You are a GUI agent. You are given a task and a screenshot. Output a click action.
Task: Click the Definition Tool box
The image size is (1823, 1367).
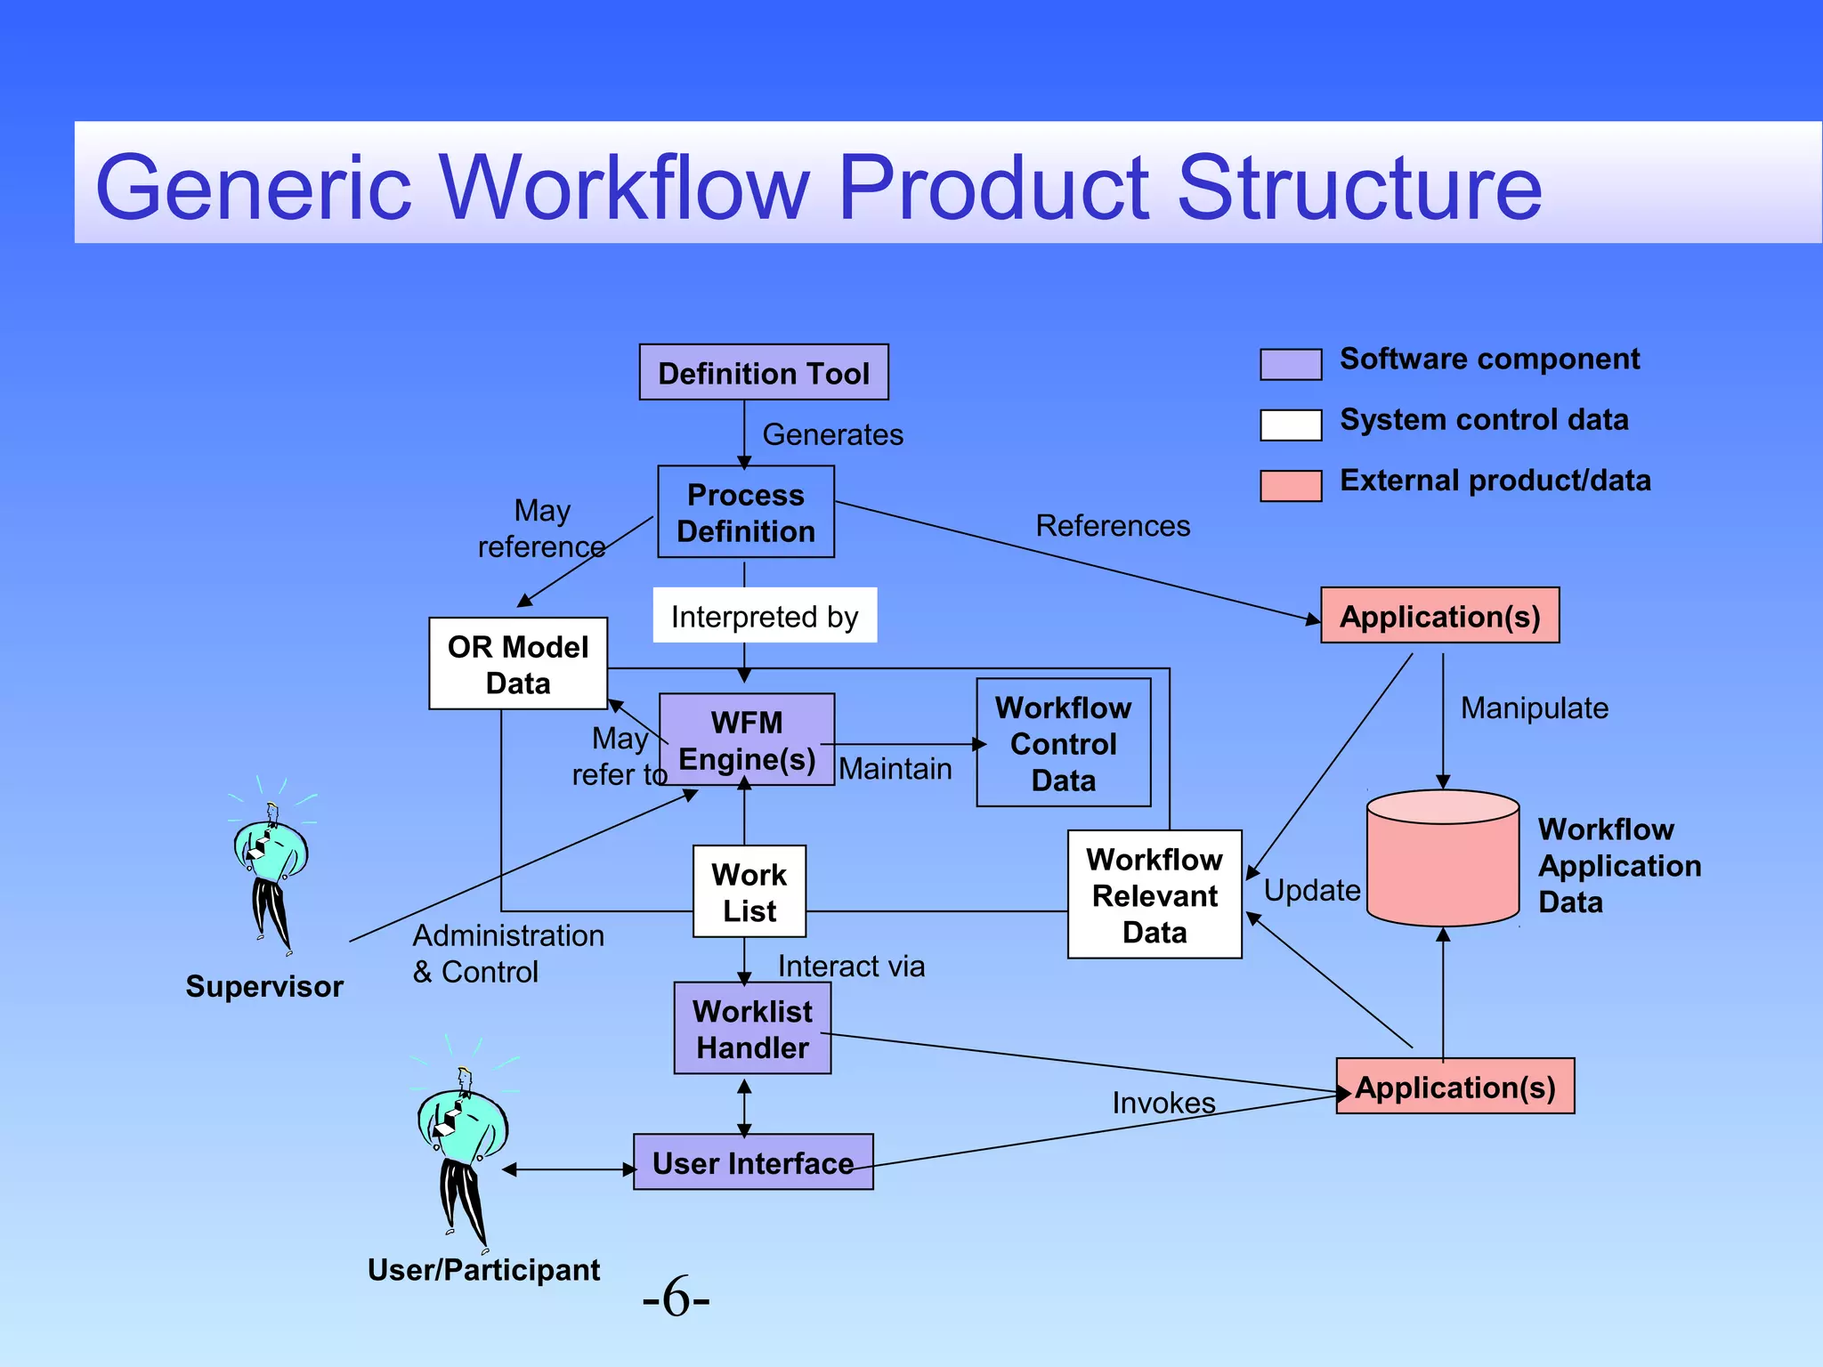(x=764, y=372)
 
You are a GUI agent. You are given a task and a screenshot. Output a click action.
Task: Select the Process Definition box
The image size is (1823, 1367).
(x=746, y=512)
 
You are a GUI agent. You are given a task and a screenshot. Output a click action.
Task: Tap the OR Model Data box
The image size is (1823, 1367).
(x=518, y=664)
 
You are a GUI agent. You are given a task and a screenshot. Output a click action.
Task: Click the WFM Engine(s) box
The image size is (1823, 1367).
(x=747, y=740)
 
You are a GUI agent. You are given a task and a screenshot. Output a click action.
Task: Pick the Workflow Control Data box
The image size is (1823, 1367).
(x=1064, y=743)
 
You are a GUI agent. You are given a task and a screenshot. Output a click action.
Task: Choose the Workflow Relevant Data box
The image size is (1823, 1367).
(x=1155, y=894)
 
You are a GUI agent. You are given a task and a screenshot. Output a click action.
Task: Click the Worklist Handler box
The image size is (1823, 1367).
(x=752, y=1028)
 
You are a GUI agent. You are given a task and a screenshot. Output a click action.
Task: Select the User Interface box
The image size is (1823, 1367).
(x=753, y=1162)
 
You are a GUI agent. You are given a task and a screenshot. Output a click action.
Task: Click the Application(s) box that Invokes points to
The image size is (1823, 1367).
(x=1455, y=1087)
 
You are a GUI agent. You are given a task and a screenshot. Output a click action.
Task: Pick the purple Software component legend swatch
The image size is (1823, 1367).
(x=1291, y=364)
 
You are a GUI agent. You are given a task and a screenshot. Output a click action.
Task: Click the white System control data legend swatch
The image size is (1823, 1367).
(x=1291, y=425)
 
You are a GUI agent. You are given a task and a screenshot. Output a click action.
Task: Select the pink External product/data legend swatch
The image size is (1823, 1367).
(x=1291, y=486)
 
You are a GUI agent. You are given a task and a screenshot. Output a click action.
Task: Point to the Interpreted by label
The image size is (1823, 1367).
(x=765, y=616)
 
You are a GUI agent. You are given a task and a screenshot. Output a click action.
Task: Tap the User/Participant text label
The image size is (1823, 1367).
(x=483, y=1270)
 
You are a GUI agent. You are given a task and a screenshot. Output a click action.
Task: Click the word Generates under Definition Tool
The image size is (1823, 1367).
(x=832, y=434)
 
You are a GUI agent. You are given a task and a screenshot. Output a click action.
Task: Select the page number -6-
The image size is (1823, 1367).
(x=676, y=1298)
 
